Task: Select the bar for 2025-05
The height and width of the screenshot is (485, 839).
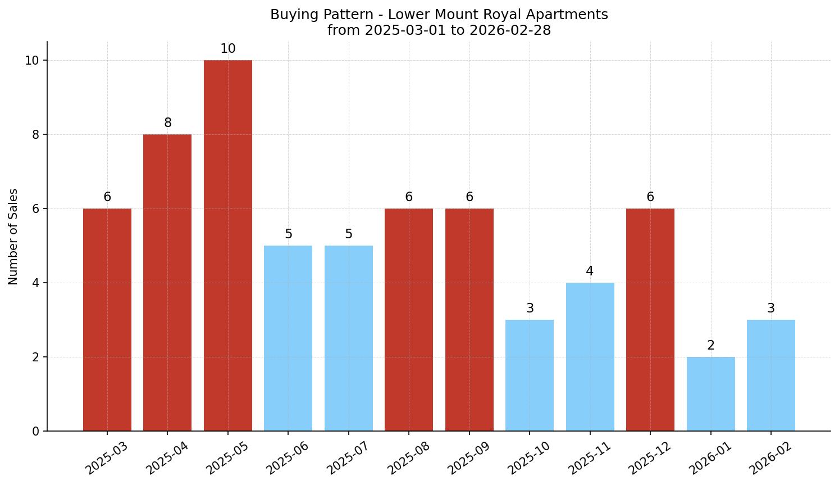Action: [x=227, y=245]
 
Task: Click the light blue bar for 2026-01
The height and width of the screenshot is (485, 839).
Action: [x=710, y=393]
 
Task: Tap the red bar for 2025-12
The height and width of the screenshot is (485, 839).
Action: [x=650, y=319]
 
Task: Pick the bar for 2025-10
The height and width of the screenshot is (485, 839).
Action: [x=529, y=375]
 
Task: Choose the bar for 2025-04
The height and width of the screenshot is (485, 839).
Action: [x=167, y=282]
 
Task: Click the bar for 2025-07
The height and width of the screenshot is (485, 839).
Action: [x=348, y=338]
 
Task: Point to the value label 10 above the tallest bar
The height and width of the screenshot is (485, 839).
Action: [x=227, y=49]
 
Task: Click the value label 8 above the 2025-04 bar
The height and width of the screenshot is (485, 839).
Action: [x=167, y=123]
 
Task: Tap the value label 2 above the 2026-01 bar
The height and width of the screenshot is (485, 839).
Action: [x=710, y=346]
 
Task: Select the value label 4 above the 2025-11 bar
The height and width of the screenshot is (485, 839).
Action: [x=590, y=271]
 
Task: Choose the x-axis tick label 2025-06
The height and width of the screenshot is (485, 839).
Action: [x=288, y=459]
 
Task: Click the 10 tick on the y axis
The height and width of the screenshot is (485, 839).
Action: [x=32, y=60]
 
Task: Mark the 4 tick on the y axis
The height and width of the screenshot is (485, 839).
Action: [x=35, y=283]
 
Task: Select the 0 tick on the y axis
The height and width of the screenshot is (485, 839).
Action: [x=35, y=431]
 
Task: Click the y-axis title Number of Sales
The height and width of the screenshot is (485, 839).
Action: [x=13, y=237]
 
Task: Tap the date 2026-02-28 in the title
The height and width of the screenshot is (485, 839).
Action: [x=510, y=30]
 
